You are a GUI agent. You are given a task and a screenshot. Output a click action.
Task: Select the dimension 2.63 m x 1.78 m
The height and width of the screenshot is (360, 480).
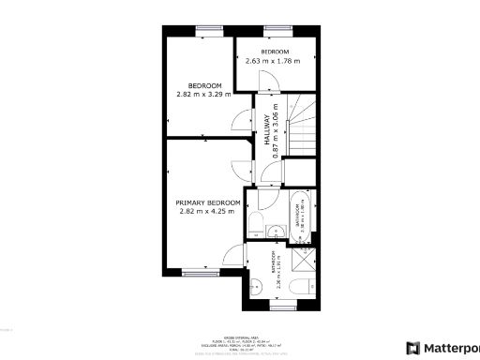273,61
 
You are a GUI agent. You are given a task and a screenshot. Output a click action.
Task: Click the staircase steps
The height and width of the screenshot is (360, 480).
302,131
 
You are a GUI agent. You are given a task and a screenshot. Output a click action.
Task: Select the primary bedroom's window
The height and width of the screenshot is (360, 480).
196,273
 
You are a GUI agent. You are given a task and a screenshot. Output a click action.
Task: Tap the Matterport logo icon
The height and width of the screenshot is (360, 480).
412,346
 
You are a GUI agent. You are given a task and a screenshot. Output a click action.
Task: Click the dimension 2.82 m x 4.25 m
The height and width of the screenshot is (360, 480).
209,212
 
